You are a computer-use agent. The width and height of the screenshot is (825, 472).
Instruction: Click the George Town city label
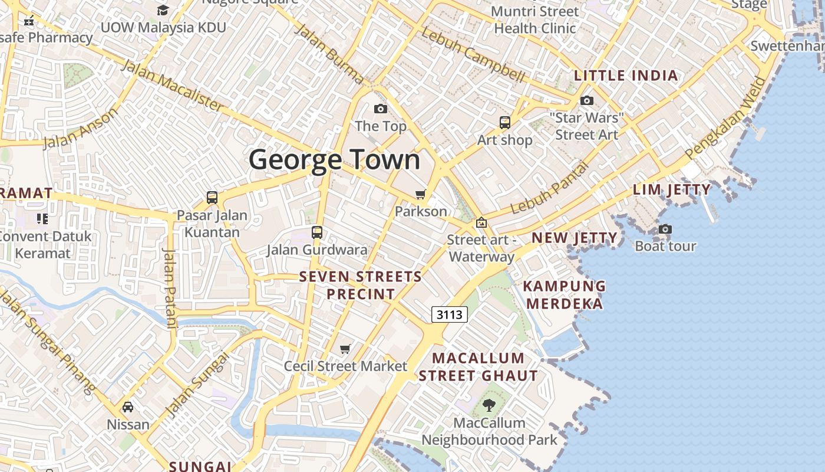(334, 160)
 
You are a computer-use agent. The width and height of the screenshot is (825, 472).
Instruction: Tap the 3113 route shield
(450, 314)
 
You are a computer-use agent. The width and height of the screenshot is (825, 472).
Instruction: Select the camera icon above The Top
(381, 109)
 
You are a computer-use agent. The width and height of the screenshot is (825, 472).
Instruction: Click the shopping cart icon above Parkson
(421, 194)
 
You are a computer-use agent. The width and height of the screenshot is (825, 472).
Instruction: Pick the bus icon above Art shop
(505, 123)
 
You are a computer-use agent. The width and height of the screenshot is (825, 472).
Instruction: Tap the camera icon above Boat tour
(665, 229)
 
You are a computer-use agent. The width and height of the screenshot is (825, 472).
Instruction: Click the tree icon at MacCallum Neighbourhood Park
(489, 405)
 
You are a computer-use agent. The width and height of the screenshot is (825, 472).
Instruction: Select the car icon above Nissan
(128, 407)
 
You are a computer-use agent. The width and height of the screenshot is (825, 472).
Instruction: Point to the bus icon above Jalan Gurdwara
(317, 232)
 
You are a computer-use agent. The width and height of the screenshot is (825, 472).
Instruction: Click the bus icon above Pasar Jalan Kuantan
(212, 198)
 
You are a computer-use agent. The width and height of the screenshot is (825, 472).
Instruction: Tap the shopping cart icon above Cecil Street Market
(345, 349)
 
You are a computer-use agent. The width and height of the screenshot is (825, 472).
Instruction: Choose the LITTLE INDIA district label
(626, 76)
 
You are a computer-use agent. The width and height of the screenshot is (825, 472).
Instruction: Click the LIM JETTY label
(672, 189)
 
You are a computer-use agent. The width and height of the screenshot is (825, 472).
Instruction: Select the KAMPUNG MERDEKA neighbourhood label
(565, 294)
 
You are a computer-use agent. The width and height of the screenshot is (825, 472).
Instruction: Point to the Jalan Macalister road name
(173, 85)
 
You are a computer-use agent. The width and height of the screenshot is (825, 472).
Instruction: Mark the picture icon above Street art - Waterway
(481, 223)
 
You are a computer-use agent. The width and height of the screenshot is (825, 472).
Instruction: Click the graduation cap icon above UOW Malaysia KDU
(163, 11)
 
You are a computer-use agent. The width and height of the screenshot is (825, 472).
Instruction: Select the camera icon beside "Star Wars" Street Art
(586, 101)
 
